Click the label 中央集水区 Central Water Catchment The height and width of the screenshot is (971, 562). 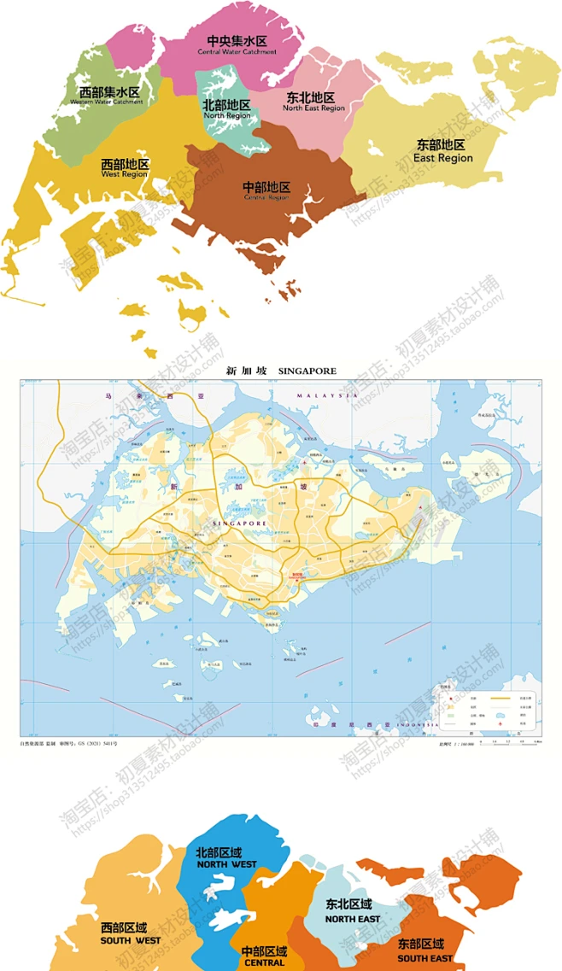click(x=237, y=45)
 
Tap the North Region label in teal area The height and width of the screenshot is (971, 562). click(x=226, y=109)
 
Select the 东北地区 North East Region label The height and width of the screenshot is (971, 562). click(x=313, y=102)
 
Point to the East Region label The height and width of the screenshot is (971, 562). click(x=442, y=151)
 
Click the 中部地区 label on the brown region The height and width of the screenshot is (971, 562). click(x=266, y=190)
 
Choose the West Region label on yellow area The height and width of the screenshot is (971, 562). click(x=125, y=167)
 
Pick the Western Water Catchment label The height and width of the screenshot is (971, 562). click(x=108, y=96)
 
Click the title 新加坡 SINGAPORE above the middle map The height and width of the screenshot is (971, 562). click(x=280, y=371)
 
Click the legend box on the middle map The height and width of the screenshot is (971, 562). click(x=488, y=711)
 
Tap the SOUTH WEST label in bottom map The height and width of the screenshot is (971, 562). click(x=130, y=933)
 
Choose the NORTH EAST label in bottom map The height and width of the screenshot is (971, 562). click(x=352, y=912)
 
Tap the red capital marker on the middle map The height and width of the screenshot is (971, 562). click(x=296, y=575)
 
